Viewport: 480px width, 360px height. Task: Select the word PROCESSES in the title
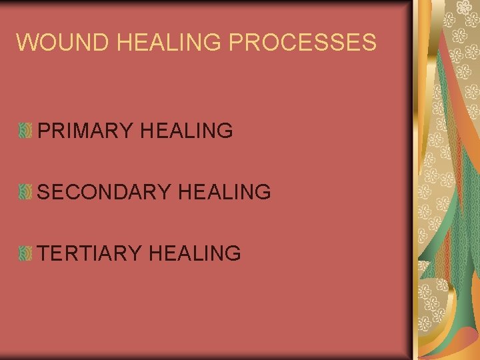point(303,43)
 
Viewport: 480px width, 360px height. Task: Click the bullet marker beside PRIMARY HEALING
point(25,131)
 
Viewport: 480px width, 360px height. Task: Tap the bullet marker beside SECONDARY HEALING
point(25,193)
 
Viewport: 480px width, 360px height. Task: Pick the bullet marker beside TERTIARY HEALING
point(25,253)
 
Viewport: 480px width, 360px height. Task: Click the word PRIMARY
point(86,131)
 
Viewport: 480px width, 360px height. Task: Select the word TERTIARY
point(90,253)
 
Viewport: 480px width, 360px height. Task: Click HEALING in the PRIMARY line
point(187,131)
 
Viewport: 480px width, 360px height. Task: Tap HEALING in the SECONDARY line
point(224,193)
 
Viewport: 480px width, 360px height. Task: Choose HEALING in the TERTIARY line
point(195,253)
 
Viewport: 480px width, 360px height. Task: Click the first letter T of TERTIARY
point(44,253)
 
